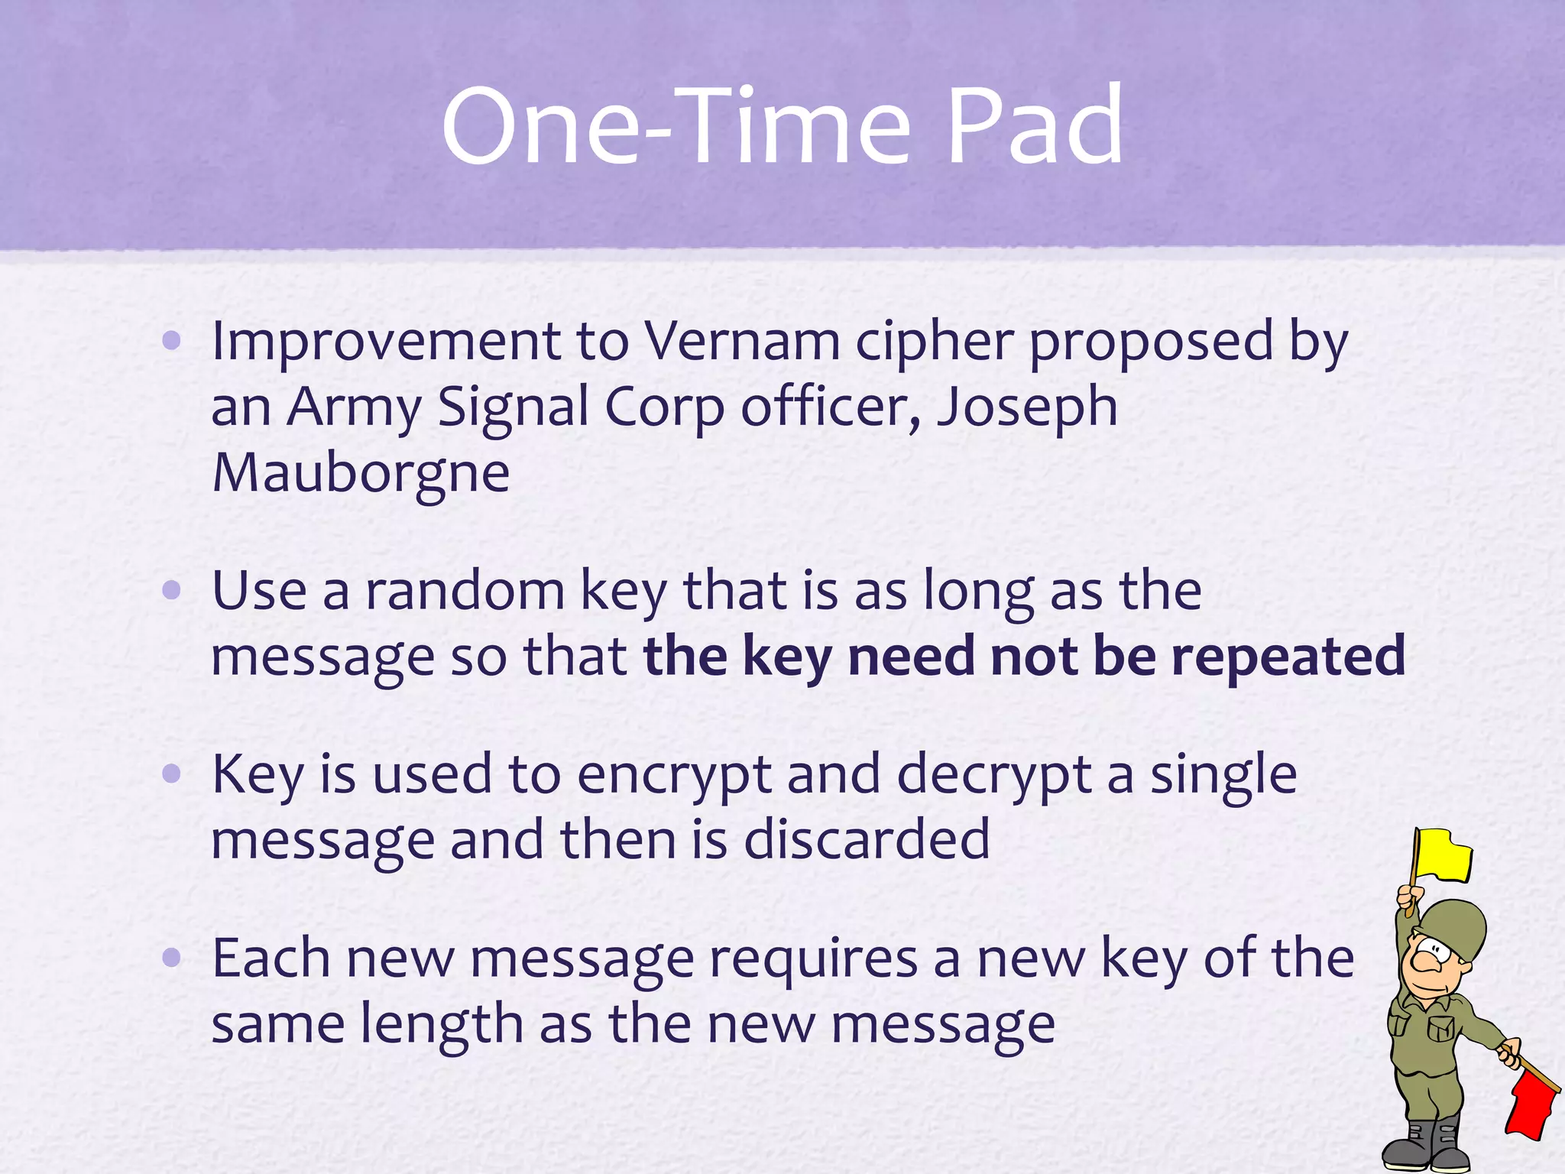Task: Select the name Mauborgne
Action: (x=361, y=474)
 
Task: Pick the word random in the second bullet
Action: (x=465, y=591)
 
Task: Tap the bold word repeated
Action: (x=1288, y=657)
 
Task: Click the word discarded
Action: (x=867, y=840)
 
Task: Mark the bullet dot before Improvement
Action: (x=172, y=340)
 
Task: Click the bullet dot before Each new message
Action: (x=172, y=957)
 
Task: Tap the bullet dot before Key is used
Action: (x=172, y=773)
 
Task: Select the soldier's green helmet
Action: (x=1456, y=929)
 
